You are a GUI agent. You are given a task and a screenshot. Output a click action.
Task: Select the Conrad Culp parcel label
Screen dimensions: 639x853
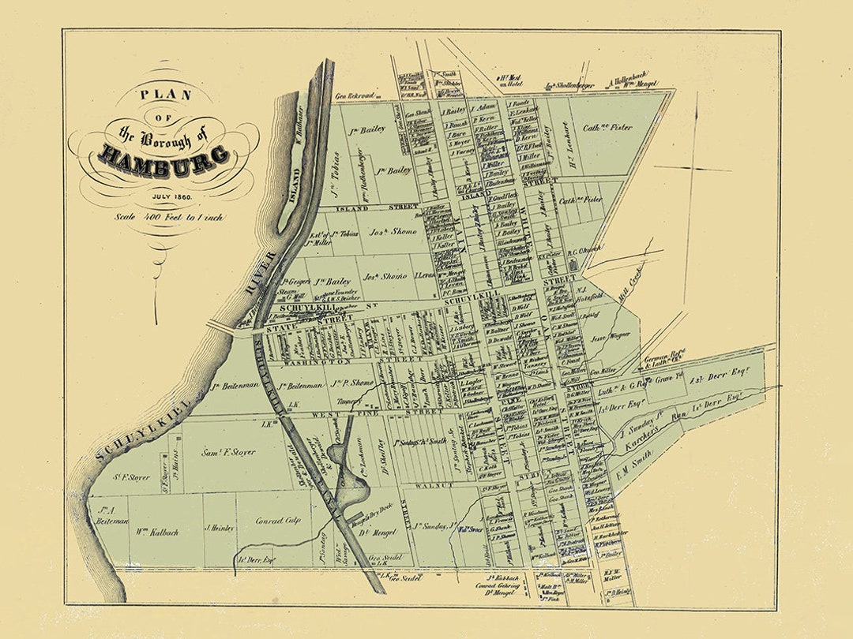pyautogui.click(x=280, y=521)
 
